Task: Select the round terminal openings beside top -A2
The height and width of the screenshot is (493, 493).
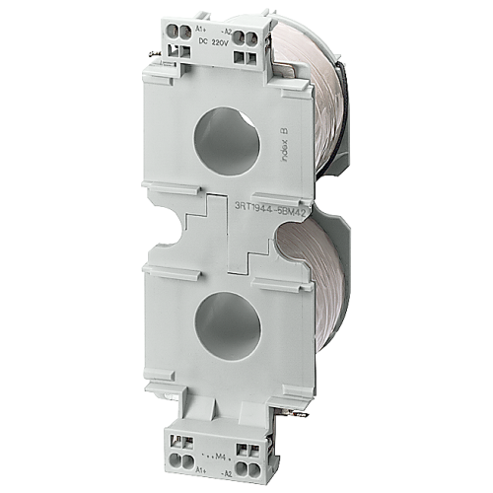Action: click(248, 39)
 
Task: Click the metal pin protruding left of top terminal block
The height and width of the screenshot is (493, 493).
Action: click(156, 50)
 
